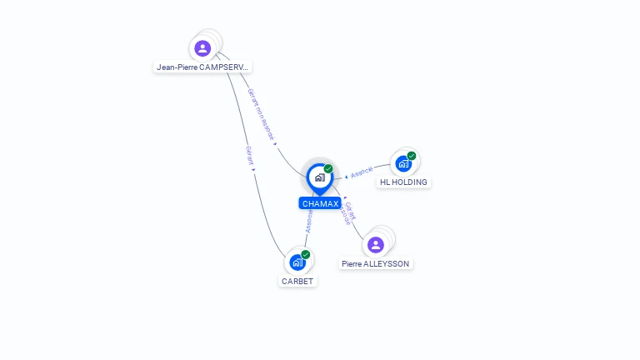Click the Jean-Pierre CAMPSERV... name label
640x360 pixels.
[202, 67]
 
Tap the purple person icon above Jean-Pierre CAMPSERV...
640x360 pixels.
[202, 48]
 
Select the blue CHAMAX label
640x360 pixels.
[320, 203]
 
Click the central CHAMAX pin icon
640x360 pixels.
[319, 177]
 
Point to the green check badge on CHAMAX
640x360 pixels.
[328, 168]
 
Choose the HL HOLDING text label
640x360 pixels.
[403, 182]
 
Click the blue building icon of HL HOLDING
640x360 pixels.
[403, 163]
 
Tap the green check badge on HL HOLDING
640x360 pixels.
[412, 156]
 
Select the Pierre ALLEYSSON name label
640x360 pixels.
[376, 263]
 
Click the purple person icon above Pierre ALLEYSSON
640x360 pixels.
[376, 244]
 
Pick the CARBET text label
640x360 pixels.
[297, 281]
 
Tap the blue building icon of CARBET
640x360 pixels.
[297, 262]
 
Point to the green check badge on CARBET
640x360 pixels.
[306, 254]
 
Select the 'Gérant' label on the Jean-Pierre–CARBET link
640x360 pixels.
[248, 156]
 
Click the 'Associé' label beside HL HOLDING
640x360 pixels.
[362, 172]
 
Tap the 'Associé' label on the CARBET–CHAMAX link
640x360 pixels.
[309, 222]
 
